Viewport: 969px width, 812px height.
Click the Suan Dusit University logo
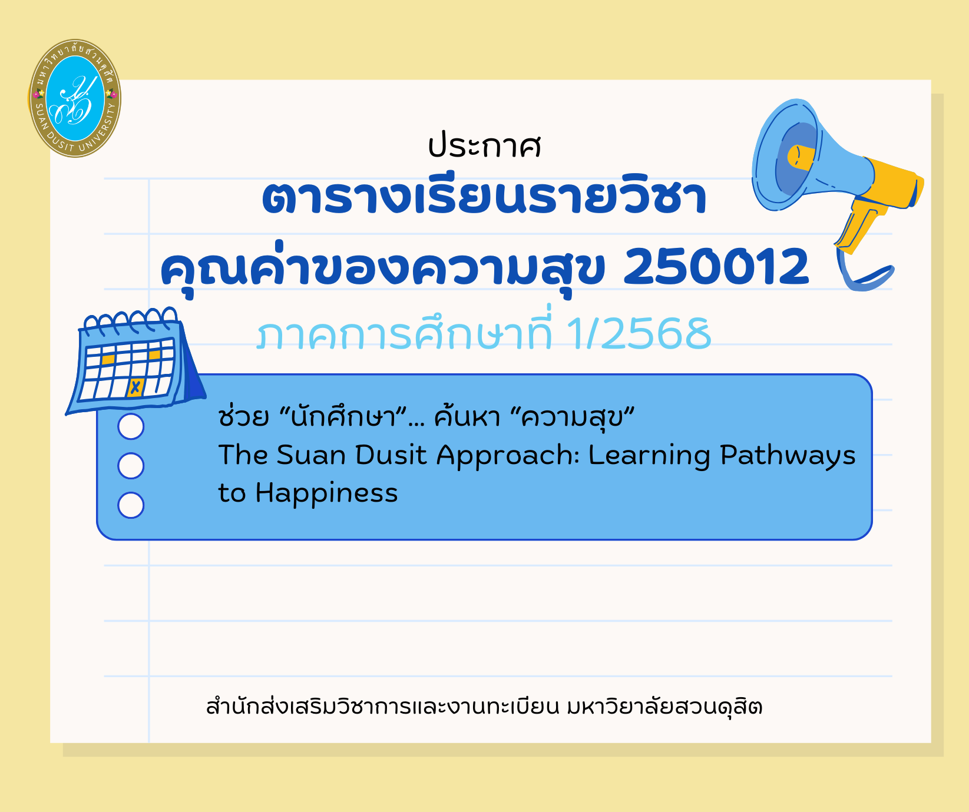pos(75,98)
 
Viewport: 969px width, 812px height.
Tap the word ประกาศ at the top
pos(484,146)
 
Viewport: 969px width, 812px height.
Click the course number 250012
pos(716,266)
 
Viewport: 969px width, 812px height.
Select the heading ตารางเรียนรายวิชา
pos(484,197)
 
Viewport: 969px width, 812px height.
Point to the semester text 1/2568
pos(639,334)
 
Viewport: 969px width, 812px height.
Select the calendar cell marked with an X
pos(135,387)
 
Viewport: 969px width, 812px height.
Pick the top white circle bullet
pos(131,426)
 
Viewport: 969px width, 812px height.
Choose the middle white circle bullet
pos(131,466)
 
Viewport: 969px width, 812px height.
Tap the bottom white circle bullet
pos(131,505)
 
